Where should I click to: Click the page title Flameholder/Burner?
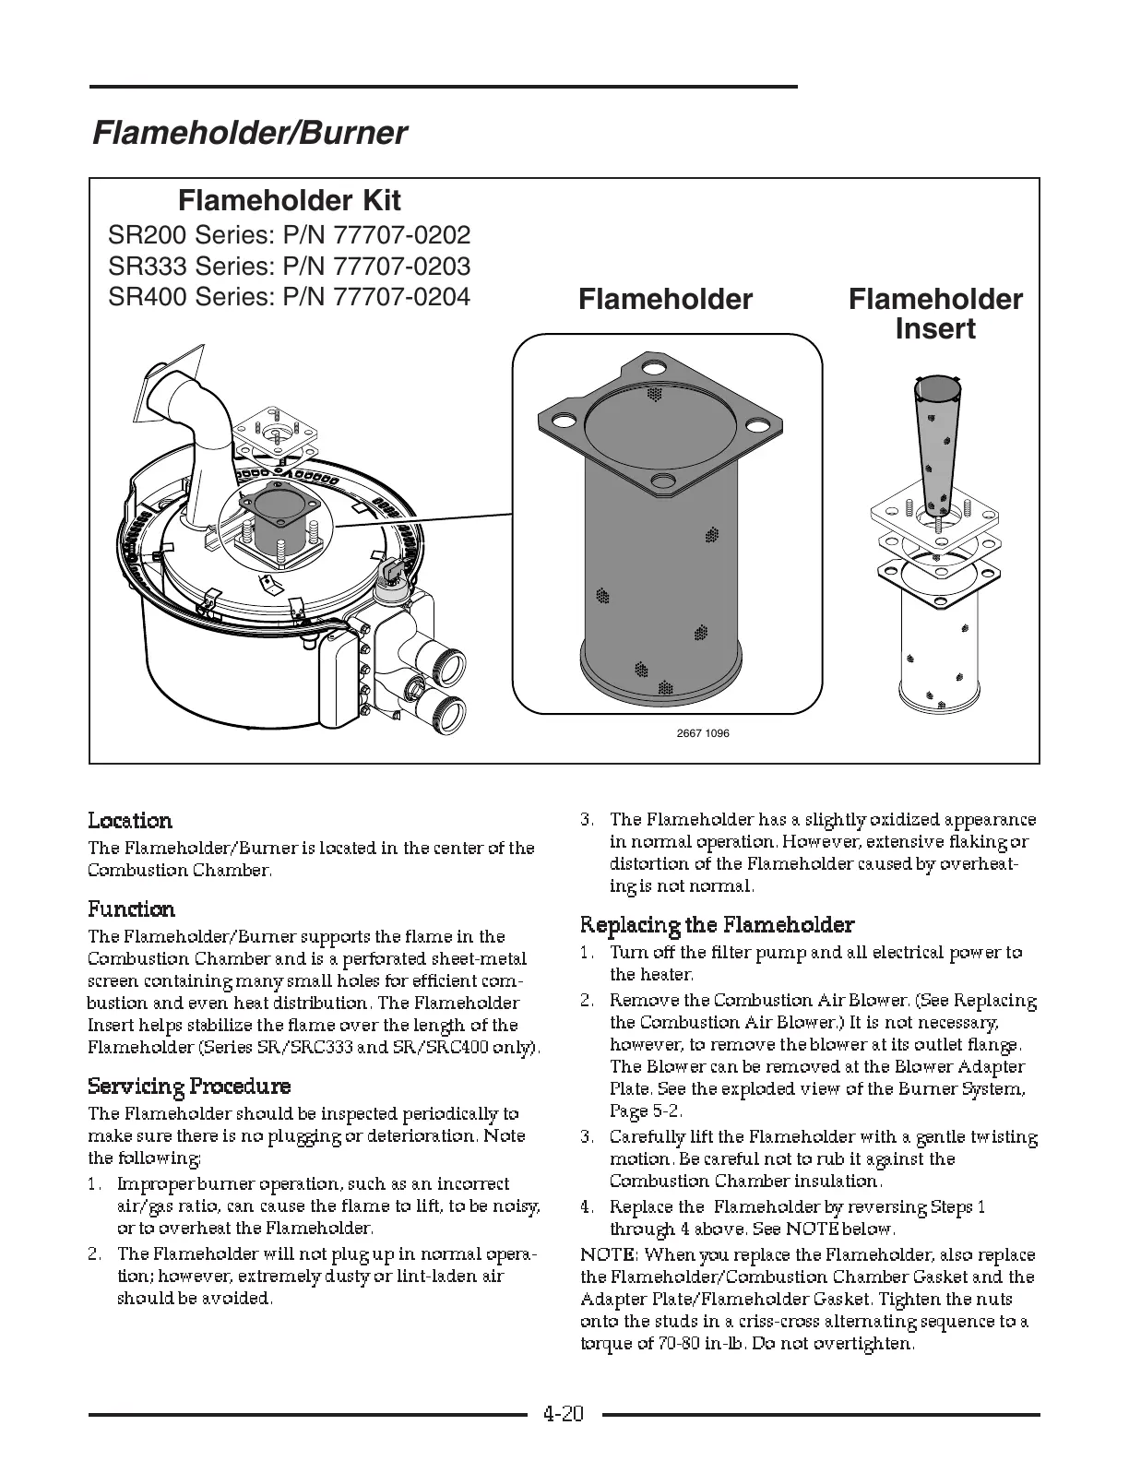(249, 134)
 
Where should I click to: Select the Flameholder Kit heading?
(289, 200)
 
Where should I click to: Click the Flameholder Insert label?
(934, 314)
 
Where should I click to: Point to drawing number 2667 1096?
(703, 733)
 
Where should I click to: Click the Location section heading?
(130, 821)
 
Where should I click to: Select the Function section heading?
(131, 909)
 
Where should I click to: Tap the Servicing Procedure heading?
(189, 1087)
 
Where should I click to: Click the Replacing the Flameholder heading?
(717, 924)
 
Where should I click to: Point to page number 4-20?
(564, 1413)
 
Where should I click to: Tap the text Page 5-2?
(646, 1111)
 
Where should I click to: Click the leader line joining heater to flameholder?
(424, 519)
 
